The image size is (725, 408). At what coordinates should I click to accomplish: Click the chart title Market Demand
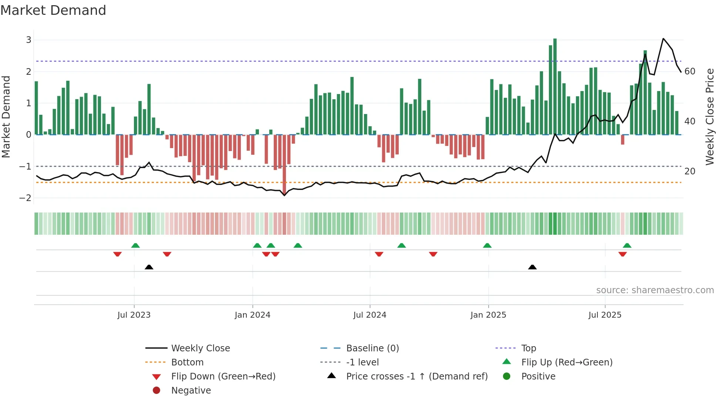53,10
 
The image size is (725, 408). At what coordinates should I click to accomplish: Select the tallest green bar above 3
555,86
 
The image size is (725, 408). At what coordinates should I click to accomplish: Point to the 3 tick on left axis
28,40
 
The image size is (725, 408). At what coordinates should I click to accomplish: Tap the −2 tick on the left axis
26,198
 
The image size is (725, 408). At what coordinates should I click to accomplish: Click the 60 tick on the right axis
690,71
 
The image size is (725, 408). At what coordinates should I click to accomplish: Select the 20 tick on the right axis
690,171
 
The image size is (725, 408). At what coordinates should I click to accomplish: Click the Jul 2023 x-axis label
134,315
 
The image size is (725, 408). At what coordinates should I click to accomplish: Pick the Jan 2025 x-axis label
488,315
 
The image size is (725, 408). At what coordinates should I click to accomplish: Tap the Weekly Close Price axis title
709,117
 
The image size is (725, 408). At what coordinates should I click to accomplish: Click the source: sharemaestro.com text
655,290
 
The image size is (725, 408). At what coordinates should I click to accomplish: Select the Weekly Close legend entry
200,348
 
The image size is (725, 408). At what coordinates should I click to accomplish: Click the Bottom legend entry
187,362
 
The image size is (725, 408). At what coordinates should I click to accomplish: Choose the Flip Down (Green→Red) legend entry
223,377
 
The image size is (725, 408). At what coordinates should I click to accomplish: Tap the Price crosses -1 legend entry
417,377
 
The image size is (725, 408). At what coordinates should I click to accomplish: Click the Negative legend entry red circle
156,391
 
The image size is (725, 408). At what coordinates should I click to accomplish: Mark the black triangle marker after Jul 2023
149,267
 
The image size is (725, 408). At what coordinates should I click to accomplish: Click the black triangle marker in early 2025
532,267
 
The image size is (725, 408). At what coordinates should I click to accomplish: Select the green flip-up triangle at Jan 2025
487,245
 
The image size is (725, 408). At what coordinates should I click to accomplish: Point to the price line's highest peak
663,39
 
